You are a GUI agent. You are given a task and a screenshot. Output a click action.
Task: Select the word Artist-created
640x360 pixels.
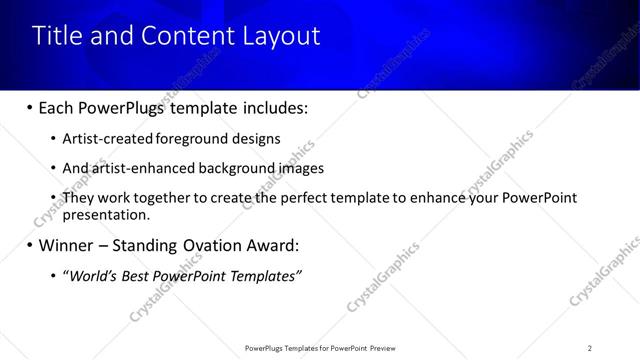click(x=103, y=139)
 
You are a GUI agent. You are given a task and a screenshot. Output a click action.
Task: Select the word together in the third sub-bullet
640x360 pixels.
click(x=162, y=198)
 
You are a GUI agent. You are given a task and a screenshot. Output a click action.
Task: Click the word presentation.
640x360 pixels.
click(x=106, y=214)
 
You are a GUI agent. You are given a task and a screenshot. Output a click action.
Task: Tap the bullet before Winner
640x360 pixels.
click(x=29, y=245)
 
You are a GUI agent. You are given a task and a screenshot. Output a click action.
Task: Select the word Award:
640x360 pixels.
click(x=274, y=245)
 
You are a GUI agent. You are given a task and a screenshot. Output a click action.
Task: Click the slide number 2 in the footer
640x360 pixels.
click(x=590, y=347)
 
